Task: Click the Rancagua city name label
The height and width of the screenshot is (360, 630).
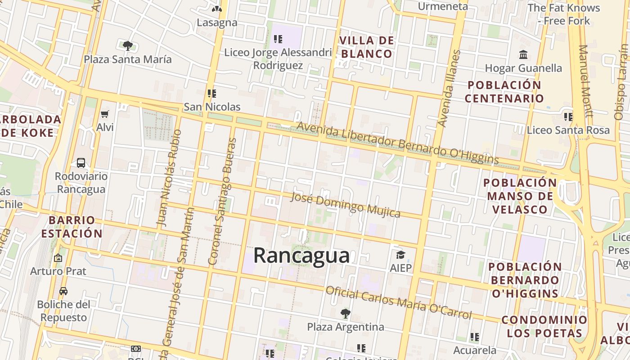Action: click(301, 256)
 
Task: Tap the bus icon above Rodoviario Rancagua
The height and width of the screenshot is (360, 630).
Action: click(81, 163)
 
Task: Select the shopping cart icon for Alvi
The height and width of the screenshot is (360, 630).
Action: click(105, 114)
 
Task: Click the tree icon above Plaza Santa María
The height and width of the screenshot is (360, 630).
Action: click(128, 45)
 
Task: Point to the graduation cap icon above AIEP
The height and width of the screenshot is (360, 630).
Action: click(400, 255)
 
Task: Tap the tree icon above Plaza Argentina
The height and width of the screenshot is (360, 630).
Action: click(345, 313)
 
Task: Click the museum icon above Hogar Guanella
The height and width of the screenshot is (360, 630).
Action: click(523, 55)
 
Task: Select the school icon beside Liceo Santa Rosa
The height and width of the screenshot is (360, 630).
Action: click(568, 117)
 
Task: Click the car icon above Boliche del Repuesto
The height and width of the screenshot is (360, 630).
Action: click(63, 291)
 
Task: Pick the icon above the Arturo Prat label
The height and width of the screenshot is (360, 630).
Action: click(58, 258)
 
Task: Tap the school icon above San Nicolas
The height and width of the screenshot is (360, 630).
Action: click(212, 94)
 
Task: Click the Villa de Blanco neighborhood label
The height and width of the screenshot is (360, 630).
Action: click(367, 47)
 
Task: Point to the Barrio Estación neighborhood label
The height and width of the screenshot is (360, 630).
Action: click(72, 227)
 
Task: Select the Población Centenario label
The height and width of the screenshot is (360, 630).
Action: click(504, 91)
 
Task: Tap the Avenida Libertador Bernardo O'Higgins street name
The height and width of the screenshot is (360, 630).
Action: click(398, 143)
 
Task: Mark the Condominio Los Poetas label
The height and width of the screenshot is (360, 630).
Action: click(544, 326)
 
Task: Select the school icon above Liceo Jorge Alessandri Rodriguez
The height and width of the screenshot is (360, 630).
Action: click(278, 39)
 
